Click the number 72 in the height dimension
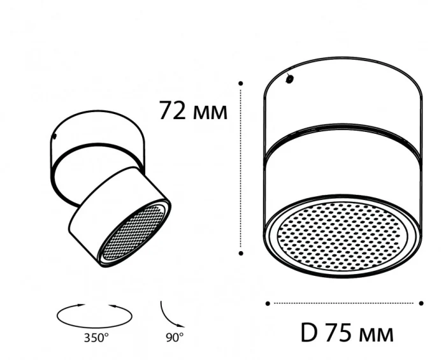(x=173, y=111)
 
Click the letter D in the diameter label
(x=308, y=333)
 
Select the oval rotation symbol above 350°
(x=95, y=313)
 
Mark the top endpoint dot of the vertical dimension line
(x=241, y=83)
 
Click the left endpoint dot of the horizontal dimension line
(x=268, y=303)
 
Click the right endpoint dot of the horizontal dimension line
(x=422, y=303)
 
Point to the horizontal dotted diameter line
(x=344, y=303)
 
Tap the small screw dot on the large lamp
(x=290, y=80)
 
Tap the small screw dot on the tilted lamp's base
(x=57, y=136)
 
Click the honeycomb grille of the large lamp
(x=342, y=236)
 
